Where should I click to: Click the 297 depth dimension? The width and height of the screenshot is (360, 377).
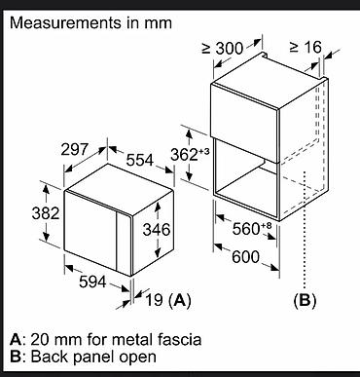point(75,149)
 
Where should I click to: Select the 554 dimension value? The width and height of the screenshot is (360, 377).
point(139,160)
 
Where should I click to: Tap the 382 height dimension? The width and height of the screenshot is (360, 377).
point(46,213)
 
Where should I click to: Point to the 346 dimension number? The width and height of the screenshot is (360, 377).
point(157,230)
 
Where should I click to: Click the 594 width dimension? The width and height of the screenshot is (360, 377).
point(92,282)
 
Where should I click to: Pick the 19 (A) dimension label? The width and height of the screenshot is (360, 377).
point(168,300)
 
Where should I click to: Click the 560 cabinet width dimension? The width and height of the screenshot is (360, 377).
point(252,229)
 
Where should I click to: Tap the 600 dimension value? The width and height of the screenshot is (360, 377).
point(246,257)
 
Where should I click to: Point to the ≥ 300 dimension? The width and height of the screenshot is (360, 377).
point(223,49)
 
